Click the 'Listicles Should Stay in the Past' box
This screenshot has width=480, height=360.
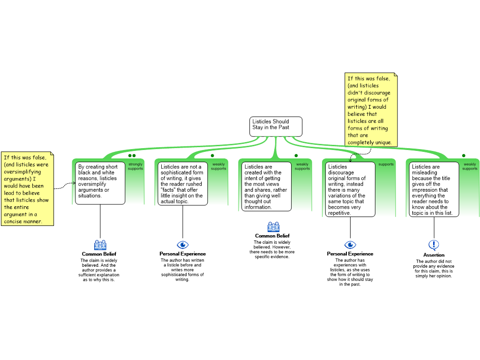click(276, 127)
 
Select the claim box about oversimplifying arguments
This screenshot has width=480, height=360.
click(100, 183)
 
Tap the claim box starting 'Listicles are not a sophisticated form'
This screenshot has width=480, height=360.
click(183, 184)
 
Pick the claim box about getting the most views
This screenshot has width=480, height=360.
click(266, 187)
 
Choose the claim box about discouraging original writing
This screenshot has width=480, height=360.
click(350, 189)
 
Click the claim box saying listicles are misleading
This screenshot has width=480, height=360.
click(434, 189)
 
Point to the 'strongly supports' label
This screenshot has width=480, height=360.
click(135, 166)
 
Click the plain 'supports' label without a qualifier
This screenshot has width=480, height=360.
click(386, 165)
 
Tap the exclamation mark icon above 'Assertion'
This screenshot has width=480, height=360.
click(434, 245)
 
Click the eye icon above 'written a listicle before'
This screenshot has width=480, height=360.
click(183, 245)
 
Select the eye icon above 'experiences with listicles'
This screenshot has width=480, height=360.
click(350, 245)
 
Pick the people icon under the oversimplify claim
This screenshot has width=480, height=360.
click(100, 245)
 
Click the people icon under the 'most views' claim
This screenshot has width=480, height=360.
click(273, 227)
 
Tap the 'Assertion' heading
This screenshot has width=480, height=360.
click(434, 255)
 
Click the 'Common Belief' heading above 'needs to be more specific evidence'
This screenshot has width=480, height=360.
click(272, 236)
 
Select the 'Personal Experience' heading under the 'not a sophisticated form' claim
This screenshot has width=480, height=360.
click(182, 254)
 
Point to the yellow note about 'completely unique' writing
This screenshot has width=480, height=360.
click(371, 110)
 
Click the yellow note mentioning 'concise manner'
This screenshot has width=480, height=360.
click(28, 189)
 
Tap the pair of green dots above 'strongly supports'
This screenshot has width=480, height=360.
click(132, 156)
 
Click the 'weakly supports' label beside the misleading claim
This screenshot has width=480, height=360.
click(470, 166)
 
